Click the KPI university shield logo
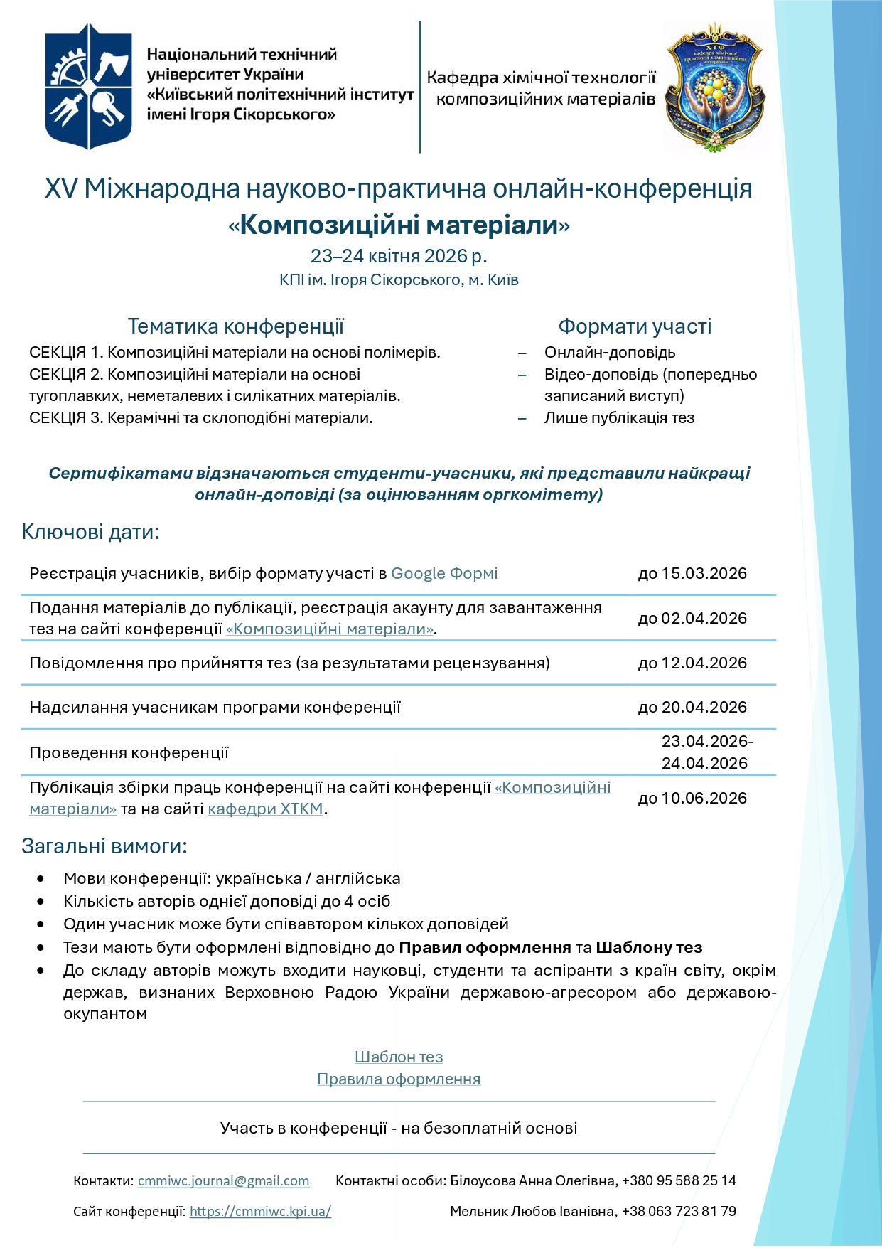tap(88, 86)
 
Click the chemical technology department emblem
tap(715, 86)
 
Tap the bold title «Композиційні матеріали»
tap(399, 225)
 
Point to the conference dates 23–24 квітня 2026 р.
tap(399, 256)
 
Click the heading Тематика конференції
tap(235, 326)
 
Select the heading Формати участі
tap(634, 326)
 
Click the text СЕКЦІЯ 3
tap(66, 418)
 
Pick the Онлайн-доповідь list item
tap(609, 353)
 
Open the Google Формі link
tap(444, 574)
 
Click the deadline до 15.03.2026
tap(692, 574)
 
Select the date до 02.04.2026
tap(692, 619)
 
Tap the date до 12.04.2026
tap(692, 663)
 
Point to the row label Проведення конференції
tap(129, 753)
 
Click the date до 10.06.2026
tap(692, 799)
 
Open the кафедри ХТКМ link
tap(265, 809)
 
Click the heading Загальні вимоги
tap(104, 846)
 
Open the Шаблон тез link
tap(399, 1057)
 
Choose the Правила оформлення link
tap(399, 1079)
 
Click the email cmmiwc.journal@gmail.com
tap(223, 1181)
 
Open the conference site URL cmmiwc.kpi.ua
tap(260, 1212)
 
